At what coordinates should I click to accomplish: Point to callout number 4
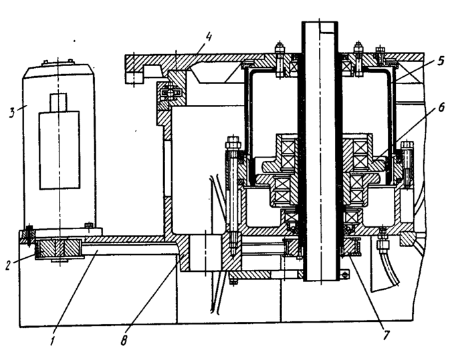pyautogui.click(x=209, y=35)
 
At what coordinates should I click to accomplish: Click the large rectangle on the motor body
pyautogui.click(x=59, y=150)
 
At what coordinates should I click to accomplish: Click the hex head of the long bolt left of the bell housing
pyautogui.click(x=233, y=143)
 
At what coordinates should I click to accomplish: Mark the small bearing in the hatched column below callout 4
pyautogui.click(x=165, y=94)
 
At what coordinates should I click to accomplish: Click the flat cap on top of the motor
pyautogui.click(x=59, y=65)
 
